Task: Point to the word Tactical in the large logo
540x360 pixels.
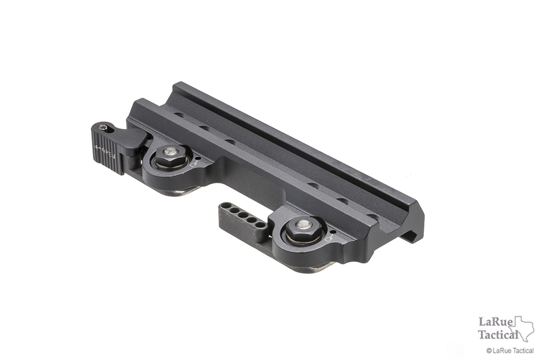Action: [x=498, y=334]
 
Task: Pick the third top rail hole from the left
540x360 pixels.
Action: [x=230, y=141]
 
